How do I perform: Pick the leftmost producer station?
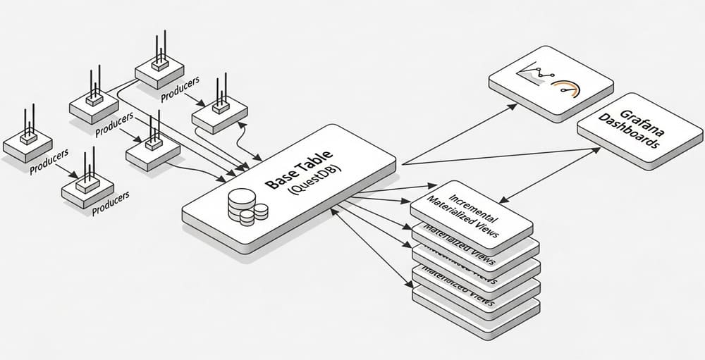point(28,144)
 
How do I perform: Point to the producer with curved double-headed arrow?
point(219,113)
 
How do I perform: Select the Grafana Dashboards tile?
point(639,130)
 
